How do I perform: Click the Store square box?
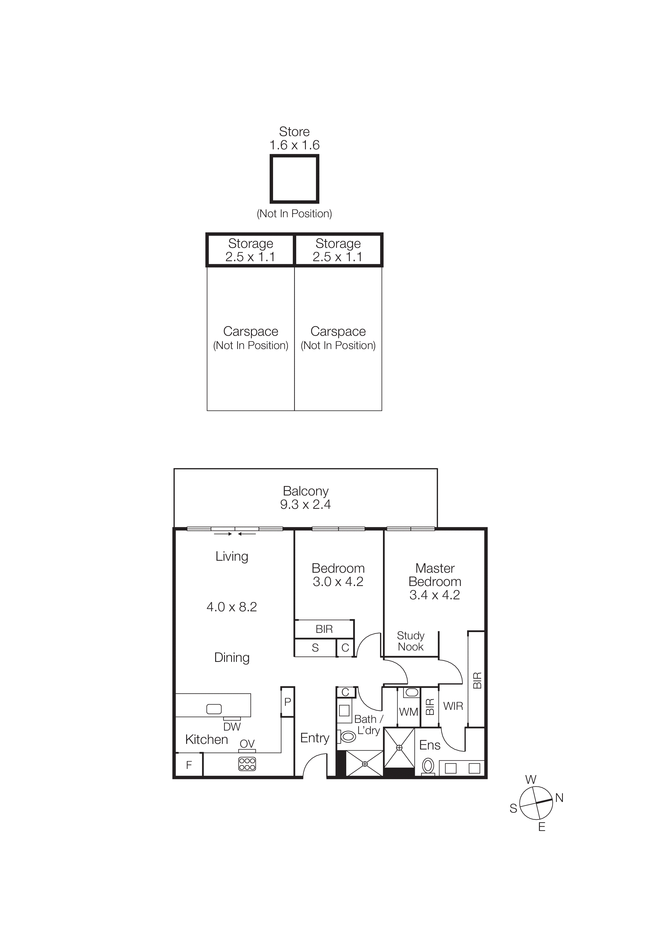[x=294, y=179]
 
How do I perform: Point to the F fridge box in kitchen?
[x=189, y=765]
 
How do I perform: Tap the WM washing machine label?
[x=408, y=712]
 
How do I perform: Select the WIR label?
[x=453, y=706]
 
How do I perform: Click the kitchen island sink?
[x=214, y=709]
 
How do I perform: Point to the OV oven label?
[x=247, y=744]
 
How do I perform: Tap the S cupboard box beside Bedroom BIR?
[x=315, y=648]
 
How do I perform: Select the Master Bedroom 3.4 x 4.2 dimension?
[x=434, y=595]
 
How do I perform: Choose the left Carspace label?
[x=250, y=331]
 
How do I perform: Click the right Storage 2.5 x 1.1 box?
[x=338, y=250]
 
